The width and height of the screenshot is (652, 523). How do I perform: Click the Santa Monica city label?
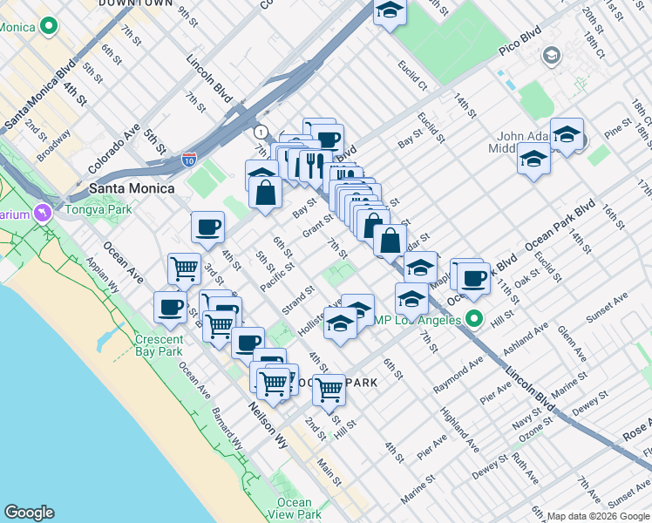[x=131, y=188]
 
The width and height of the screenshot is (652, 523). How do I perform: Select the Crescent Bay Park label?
[x=159, y=345]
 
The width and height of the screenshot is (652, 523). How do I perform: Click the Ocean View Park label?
[x=294, y=507]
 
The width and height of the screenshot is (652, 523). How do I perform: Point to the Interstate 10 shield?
[x=189, y=160]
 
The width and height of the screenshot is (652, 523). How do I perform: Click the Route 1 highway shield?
[x=260, y=132]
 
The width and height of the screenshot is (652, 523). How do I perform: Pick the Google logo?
[x=29, y=513]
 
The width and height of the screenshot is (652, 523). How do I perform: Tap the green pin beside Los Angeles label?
[x=474, y=319]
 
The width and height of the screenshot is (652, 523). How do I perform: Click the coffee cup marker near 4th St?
[x=208, y=227]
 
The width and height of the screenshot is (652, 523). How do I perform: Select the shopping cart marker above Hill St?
[x=329, y=389]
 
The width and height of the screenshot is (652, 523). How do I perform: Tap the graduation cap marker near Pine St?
[x=567, y=133]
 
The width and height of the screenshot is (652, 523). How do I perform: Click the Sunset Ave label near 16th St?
[x=607, y=309]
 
